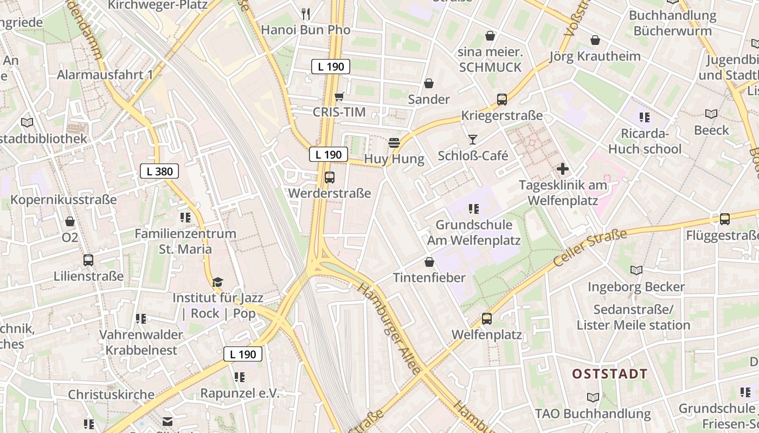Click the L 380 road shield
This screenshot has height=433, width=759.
tap(159, 172)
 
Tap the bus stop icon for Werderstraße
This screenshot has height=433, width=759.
tap(329, 177)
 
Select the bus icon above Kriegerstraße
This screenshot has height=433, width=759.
tap(502, 100)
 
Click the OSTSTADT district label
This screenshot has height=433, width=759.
tap(610, 374)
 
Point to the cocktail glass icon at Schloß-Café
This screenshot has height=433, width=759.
tap(473, 140)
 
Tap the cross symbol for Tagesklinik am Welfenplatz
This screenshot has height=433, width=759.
tap(563, 169)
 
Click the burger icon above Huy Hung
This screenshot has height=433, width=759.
tap(394, 143)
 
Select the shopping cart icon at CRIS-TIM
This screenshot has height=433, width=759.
tap(339, 96)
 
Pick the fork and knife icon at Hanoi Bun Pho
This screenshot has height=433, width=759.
tap(306, 14)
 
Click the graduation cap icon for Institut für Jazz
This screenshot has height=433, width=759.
tap(217, 282)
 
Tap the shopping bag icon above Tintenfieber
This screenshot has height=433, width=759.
tap(429, 262)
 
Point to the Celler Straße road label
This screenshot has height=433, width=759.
tap(590, 248)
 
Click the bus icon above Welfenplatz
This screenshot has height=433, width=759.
tap(487, 319)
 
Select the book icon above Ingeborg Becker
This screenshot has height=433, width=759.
tap(636, 270)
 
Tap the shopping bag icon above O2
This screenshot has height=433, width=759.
tap(70, 221)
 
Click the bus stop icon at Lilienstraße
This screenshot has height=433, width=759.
tap(88, 260)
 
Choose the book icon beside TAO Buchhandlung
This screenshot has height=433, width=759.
tap(593, 398)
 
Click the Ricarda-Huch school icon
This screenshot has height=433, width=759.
tap(644, 117)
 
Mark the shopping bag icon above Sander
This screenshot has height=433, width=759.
tap(429, 83)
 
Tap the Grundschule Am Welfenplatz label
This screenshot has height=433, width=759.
tap(474, 233)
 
